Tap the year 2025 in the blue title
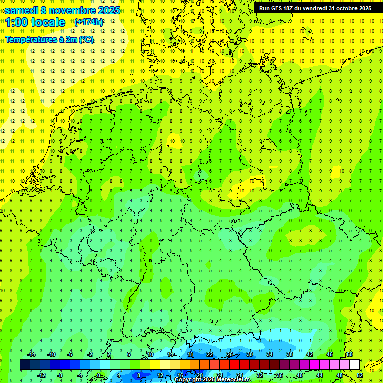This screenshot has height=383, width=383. pyautogui.click(x=109, y=10)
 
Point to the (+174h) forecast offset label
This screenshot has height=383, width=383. pyautogui.click(x=88, y=23)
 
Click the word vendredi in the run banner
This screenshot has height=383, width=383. pyautogui.click(x=317, y=8)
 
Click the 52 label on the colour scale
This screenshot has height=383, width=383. pyautogui.click(x=359, y=375)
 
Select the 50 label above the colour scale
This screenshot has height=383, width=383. pyautogui.click(x=349, y=354)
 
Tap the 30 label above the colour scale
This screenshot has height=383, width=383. pyautogui.click(x=249, y=354)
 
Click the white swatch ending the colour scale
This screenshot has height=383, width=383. pyautogui.click(x=354, y=365)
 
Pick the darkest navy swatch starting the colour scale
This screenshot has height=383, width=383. pyautogui.click(x=25, y=365)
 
